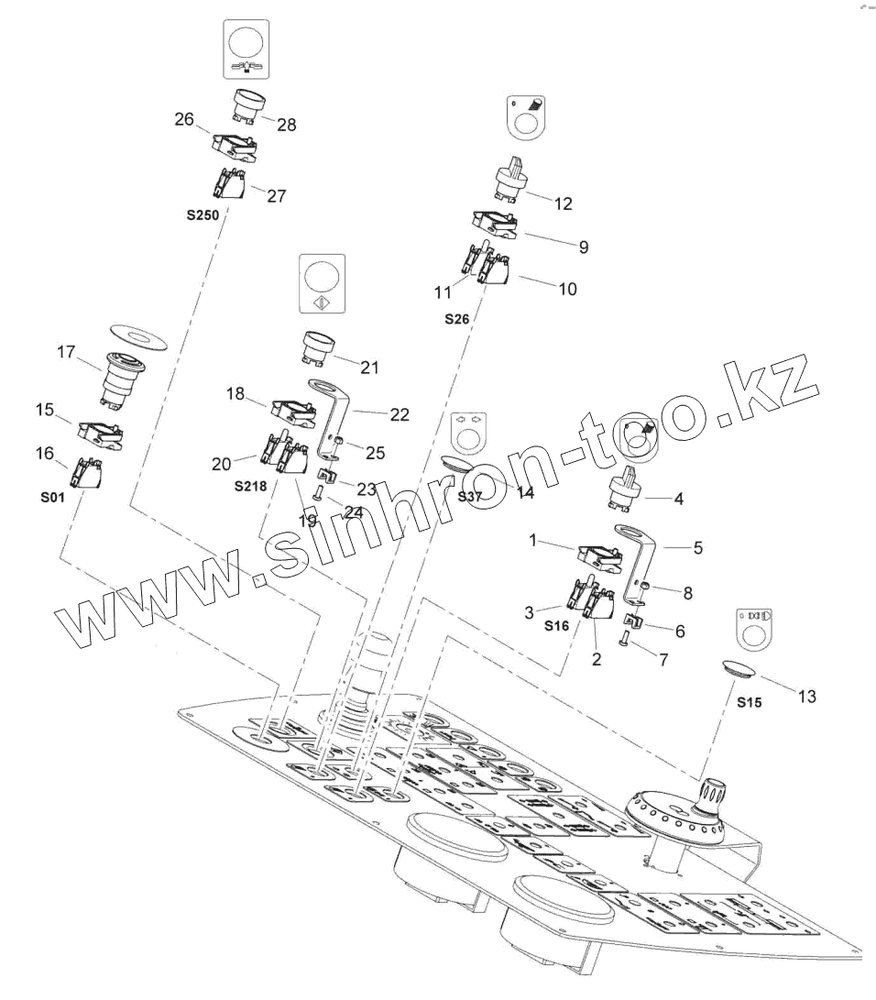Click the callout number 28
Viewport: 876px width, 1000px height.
287,126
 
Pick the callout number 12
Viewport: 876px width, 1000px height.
564,203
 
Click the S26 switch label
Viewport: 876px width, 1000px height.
456,318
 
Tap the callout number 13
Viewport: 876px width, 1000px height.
806,697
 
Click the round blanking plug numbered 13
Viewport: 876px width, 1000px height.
740,668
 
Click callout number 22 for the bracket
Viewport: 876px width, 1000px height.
399,414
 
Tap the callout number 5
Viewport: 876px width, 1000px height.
698,549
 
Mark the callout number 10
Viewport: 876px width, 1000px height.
567,288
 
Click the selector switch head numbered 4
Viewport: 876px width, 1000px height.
630,495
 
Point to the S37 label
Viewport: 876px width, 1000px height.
470,497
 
